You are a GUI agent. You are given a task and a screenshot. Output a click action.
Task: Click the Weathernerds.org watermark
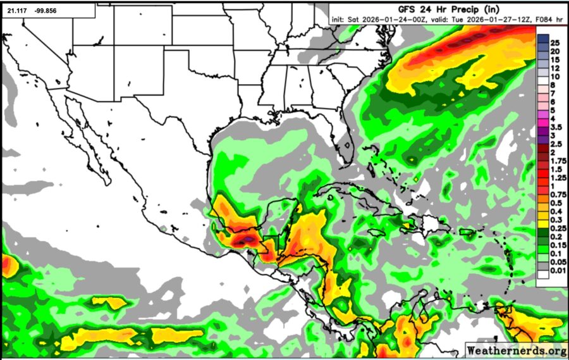click(x=516, y=350)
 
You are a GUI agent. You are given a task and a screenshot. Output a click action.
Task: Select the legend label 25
click(x=555, y=42)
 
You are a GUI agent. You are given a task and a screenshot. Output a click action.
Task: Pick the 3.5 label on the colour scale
click(x=555, y=127)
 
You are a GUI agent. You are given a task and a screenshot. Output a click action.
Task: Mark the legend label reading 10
click(x=555, y=76)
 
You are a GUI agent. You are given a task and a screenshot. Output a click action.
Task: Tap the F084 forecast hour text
click(x=537, y=20)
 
